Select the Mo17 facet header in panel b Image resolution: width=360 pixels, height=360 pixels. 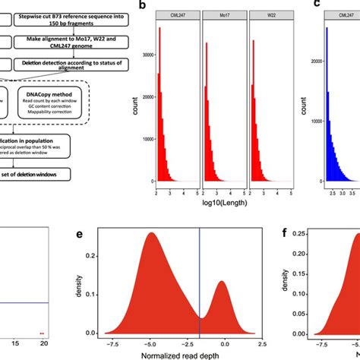(x=226, y=15)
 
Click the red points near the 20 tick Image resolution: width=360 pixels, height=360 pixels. (x=43, y=333)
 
